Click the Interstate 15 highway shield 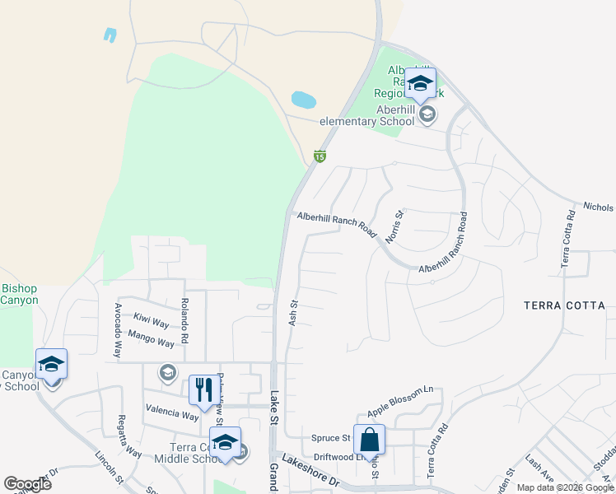(320, 156)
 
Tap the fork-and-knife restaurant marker (201, 390)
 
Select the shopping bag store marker (370, 440)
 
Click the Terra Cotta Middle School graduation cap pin (225, 442)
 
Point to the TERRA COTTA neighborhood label (564, 305)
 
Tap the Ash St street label (292, 313)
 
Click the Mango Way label (152, 338)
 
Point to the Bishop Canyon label (19, 294)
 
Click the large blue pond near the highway (303, 100)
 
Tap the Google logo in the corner (27, 483)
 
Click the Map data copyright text (565, 487)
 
